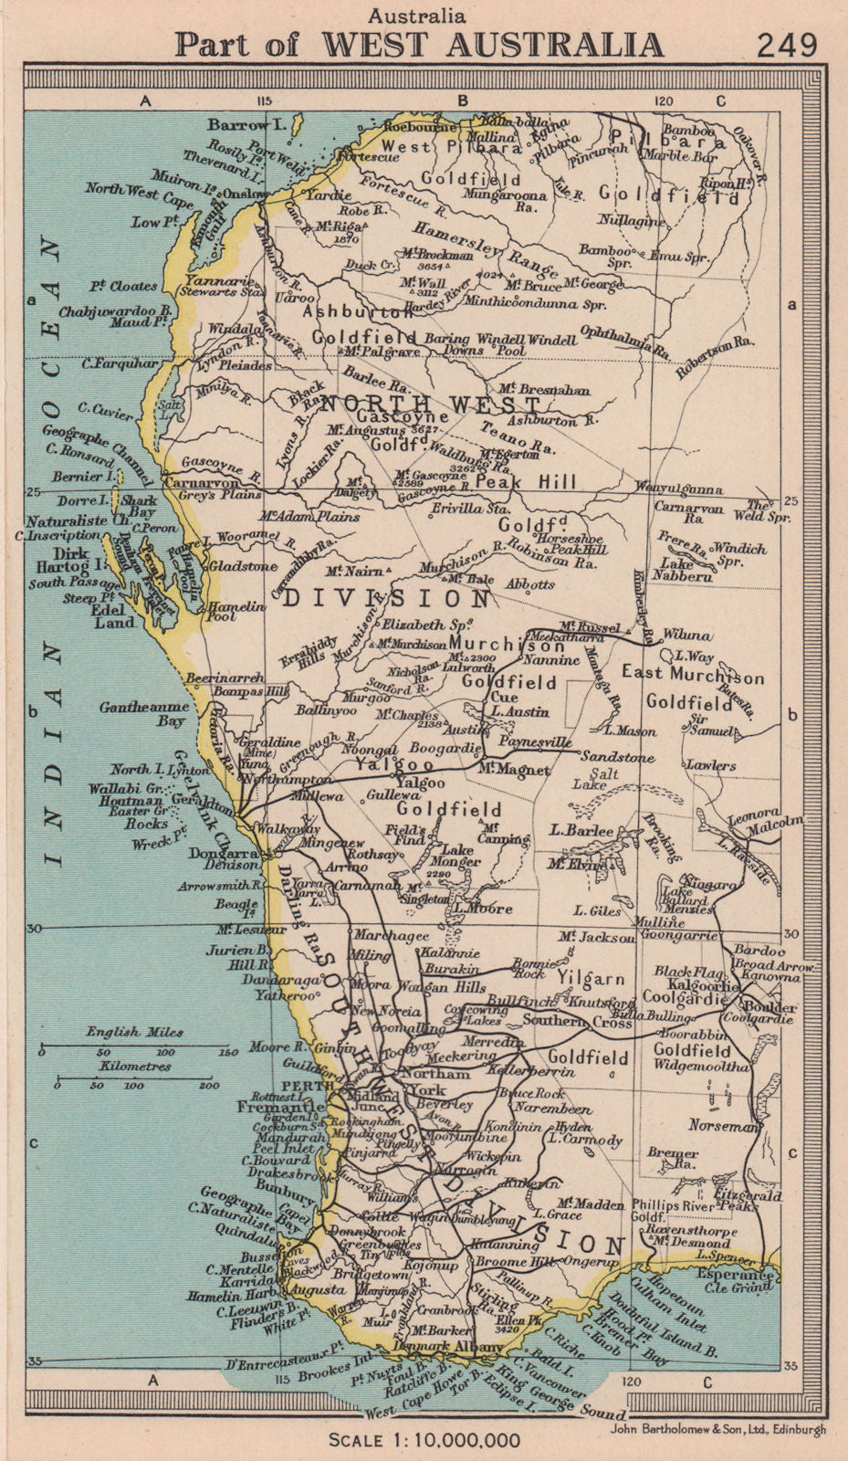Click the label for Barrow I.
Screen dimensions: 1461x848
click(241, 123)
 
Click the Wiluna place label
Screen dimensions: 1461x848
click(686, 634)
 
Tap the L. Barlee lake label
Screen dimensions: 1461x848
click(582, 830)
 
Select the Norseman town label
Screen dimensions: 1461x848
click(725, 1126)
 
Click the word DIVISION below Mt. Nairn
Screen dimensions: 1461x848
click(387, 599)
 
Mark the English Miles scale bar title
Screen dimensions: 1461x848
click(134, 1032)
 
